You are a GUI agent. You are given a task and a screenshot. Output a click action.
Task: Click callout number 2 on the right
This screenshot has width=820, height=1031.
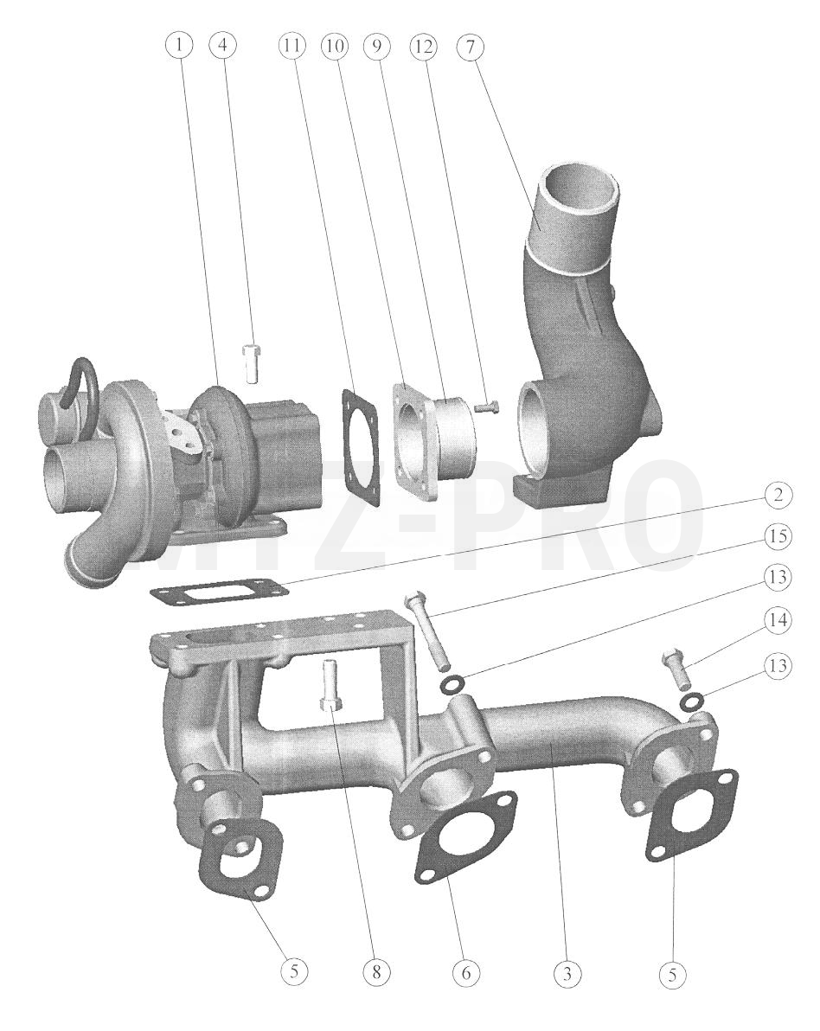(x=778, y=494)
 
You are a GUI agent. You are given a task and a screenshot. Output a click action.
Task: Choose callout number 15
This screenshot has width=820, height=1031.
(x=778, y=536)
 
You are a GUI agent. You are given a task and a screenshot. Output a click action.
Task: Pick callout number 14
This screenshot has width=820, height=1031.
(x=778, y=620)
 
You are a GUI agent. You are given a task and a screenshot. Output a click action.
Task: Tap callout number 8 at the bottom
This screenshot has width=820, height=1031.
(x=376, y=972)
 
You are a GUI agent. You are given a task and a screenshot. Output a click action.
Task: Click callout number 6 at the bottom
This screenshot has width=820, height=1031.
(x=466, y=972)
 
